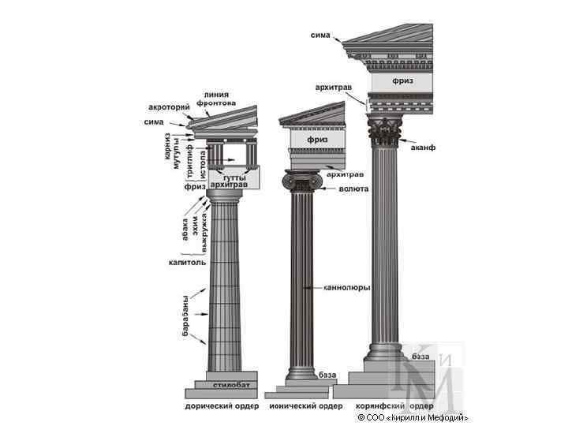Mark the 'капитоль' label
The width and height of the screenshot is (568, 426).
(187, 261)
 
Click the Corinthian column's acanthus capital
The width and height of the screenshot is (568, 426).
(386, 131)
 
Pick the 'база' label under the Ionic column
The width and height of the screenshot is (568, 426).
(326, 374)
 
